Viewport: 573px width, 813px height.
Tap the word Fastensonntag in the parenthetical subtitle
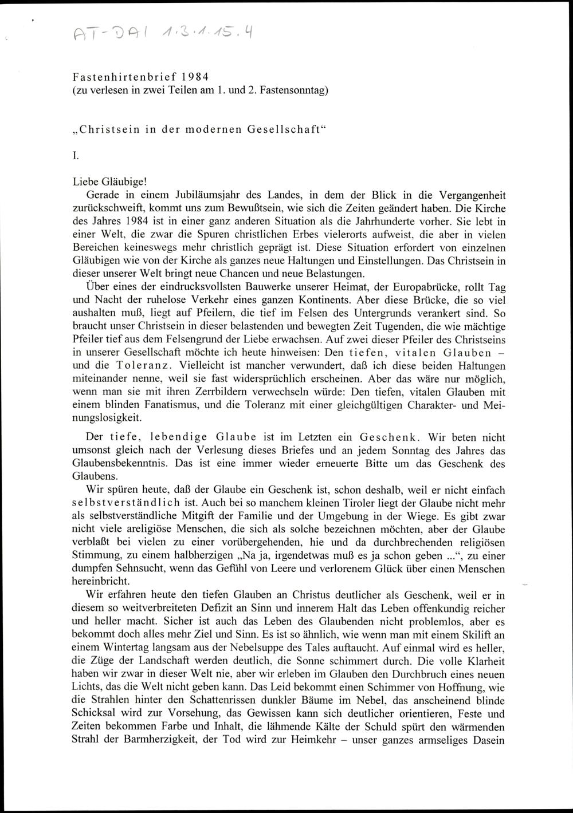click(293, 90)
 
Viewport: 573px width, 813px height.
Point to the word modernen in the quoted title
click(206, 129)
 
